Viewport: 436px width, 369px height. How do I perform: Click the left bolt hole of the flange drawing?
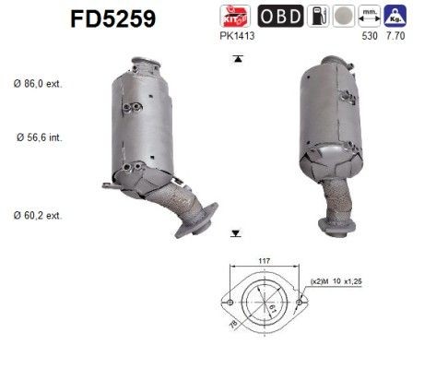click(226, 301)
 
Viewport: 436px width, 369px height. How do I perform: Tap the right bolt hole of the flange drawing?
click(302, 301)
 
